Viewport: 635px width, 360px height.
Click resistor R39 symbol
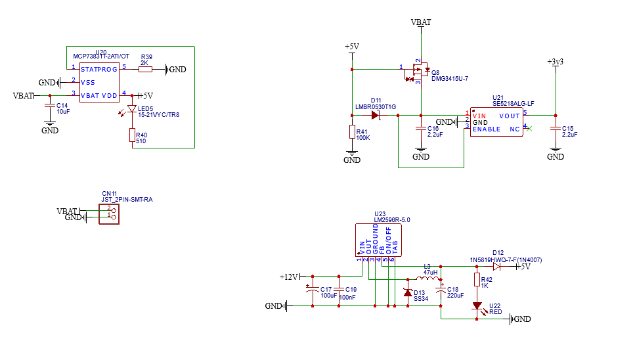(145, 69)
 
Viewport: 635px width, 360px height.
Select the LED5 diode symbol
(132, 109)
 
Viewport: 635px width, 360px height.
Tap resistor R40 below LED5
(132, 136)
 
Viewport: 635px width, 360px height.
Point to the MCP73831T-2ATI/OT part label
(101, 56)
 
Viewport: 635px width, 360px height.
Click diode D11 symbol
(376, 115)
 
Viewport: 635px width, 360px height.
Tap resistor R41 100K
(353, 132)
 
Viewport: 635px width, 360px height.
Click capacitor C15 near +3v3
(556, 129)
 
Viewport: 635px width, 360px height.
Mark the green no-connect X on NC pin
(530, 129)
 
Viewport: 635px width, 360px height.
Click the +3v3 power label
(556, 61)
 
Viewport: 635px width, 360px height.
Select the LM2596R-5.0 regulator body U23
(378, 240)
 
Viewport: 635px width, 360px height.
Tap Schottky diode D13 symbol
(407, 292)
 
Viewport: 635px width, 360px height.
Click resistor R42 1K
(477, 280)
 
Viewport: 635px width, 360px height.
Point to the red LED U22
(477, 306)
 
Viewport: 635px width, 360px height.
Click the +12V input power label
(289, 277)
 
